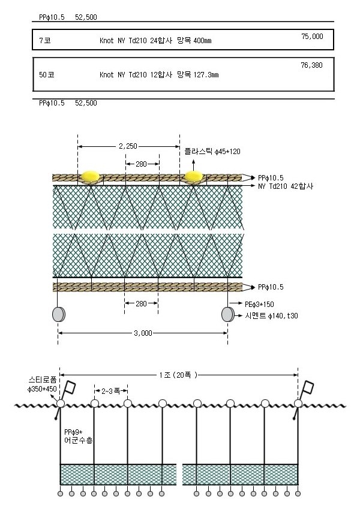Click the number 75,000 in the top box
pyautogui.click(x=312, y=37)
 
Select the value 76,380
pyautogui.click(x=311, y=65)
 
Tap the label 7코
pyautogui.click(x=45, y=41)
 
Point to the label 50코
pyautogui.click(x=46, y=75)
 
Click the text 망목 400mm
pyautogui.click(x=194, y=41)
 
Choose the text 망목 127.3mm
pyautogui.click(x=198, y=75)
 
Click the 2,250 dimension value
pyautogui.click(x=128, y=146)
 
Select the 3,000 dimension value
pyautogui.click(x=143, y=333)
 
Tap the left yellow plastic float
pyautogui.click(x=91, y=176)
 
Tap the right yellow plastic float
pyautogui.click(x=194, y=177)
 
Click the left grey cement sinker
pyautogui.click(x=59, y=314)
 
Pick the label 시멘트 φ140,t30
pyautogui.click(x=271, y=315)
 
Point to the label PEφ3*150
pyautogui.click(x=259, y=304)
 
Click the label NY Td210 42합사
pyautogui.click(x=286, y=186)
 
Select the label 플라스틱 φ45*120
pyautogui.click(x=212, y=152)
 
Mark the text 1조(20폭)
pyautogui.click(x=178, y=375)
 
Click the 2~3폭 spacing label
pyautogui.click(x=111, y=391)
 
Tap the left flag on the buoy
pyautogui.click(x=70, y=387)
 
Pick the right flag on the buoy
pyautogui.click(x=308, y=387)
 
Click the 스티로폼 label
pyautogui.click(x=43, y=380)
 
